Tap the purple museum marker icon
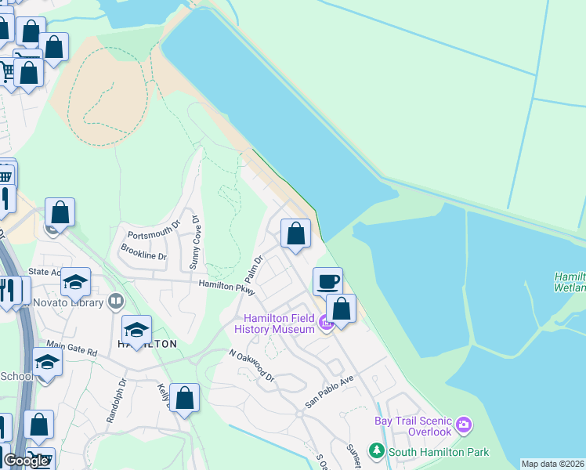click(x=326, y=321)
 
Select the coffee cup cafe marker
click(x=327, y=281)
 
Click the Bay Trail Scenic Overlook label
click(x=413, y=426)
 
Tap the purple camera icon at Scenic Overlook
click(x=465, y=425)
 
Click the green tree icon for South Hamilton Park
click(x=378, y=451)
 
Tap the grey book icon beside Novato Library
click(x=116, y=300)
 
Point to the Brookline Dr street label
click(x=143, y=251)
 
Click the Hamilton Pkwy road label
click(x=227, y=287)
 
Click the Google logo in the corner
click(x=26, y=461)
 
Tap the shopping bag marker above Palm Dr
click(x=295, y=233)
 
